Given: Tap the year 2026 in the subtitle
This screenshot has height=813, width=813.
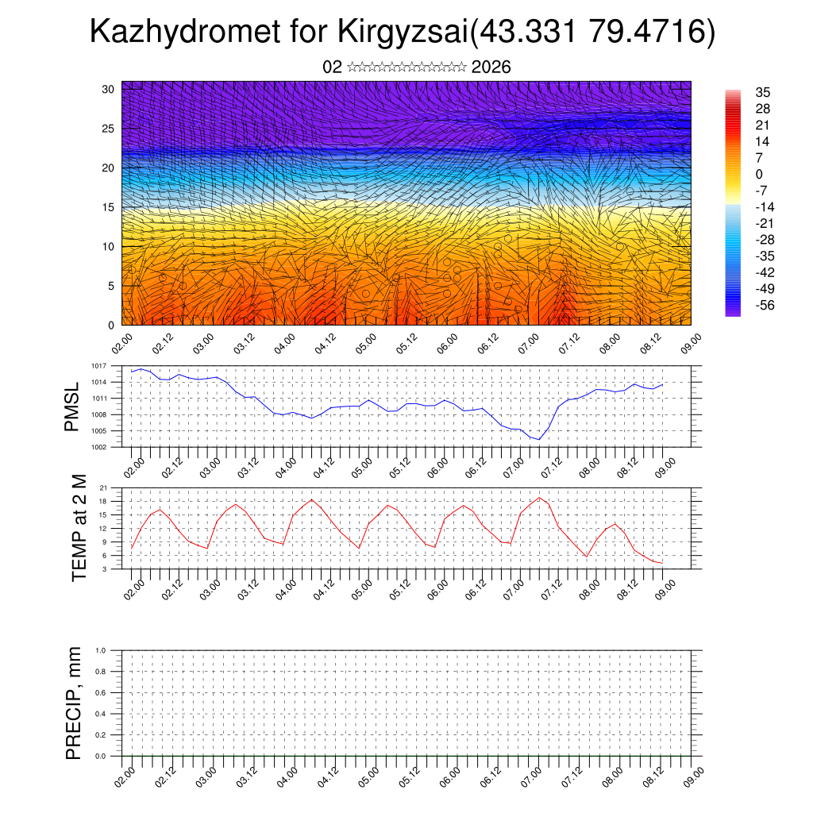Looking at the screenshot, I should coord(491,67).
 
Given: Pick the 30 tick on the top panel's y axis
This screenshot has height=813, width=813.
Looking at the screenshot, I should coord(109,90).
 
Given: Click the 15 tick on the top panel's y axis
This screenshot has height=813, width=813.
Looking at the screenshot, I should coord(109,207).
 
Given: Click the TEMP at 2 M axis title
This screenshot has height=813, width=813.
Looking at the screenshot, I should coord(79,528).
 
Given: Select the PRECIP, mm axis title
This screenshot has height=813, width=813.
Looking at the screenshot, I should coord(74,703).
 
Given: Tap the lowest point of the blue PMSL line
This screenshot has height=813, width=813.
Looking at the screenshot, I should coord(539,439).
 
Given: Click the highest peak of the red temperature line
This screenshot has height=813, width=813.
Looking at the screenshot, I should coord(540,498).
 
